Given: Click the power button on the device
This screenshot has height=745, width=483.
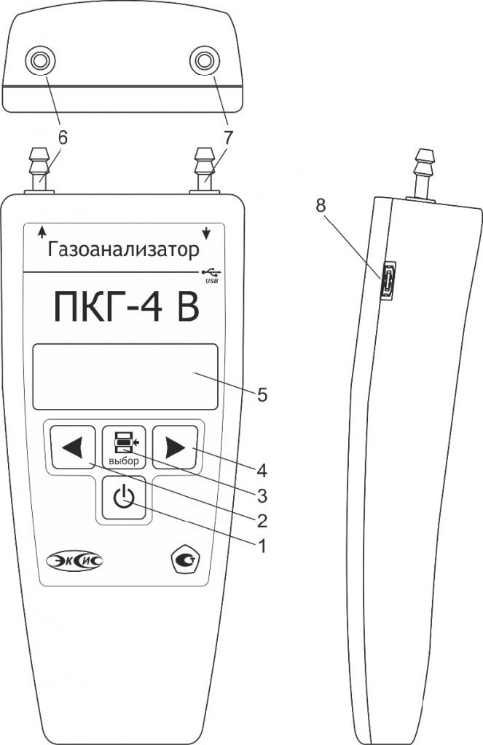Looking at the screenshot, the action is point(124,497).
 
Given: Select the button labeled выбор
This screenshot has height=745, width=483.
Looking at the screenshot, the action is point(124,447).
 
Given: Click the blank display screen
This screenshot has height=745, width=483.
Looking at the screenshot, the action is point(125,376).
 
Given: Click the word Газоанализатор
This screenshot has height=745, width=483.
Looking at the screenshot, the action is point(123,250).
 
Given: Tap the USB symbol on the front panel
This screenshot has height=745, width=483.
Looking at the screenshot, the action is point(211,275).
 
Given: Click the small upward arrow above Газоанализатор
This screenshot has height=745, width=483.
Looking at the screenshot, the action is point(42,231).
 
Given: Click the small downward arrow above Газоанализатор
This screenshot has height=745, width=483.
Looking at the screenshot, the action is point(206,232).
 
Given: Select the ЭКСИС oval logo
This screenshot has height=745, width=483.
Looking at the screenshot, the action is point(75,560).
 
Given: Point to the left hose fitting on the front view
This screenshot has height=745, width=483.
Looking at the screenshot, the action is point(39,170).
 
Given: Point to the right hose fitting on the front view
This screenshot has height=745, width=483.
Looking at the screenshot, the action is point(204,170).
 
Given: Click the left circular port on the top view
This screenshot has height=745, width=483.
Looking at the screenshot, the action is point(40,60).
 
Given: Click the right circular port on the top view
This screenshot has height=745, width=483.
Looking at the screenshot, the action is point(204,60).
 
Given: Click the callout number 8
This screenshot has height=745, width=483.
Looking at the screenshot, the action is point(321,205).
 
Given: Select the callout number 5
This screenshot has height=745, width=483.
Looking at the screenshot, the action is point(262,395).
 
